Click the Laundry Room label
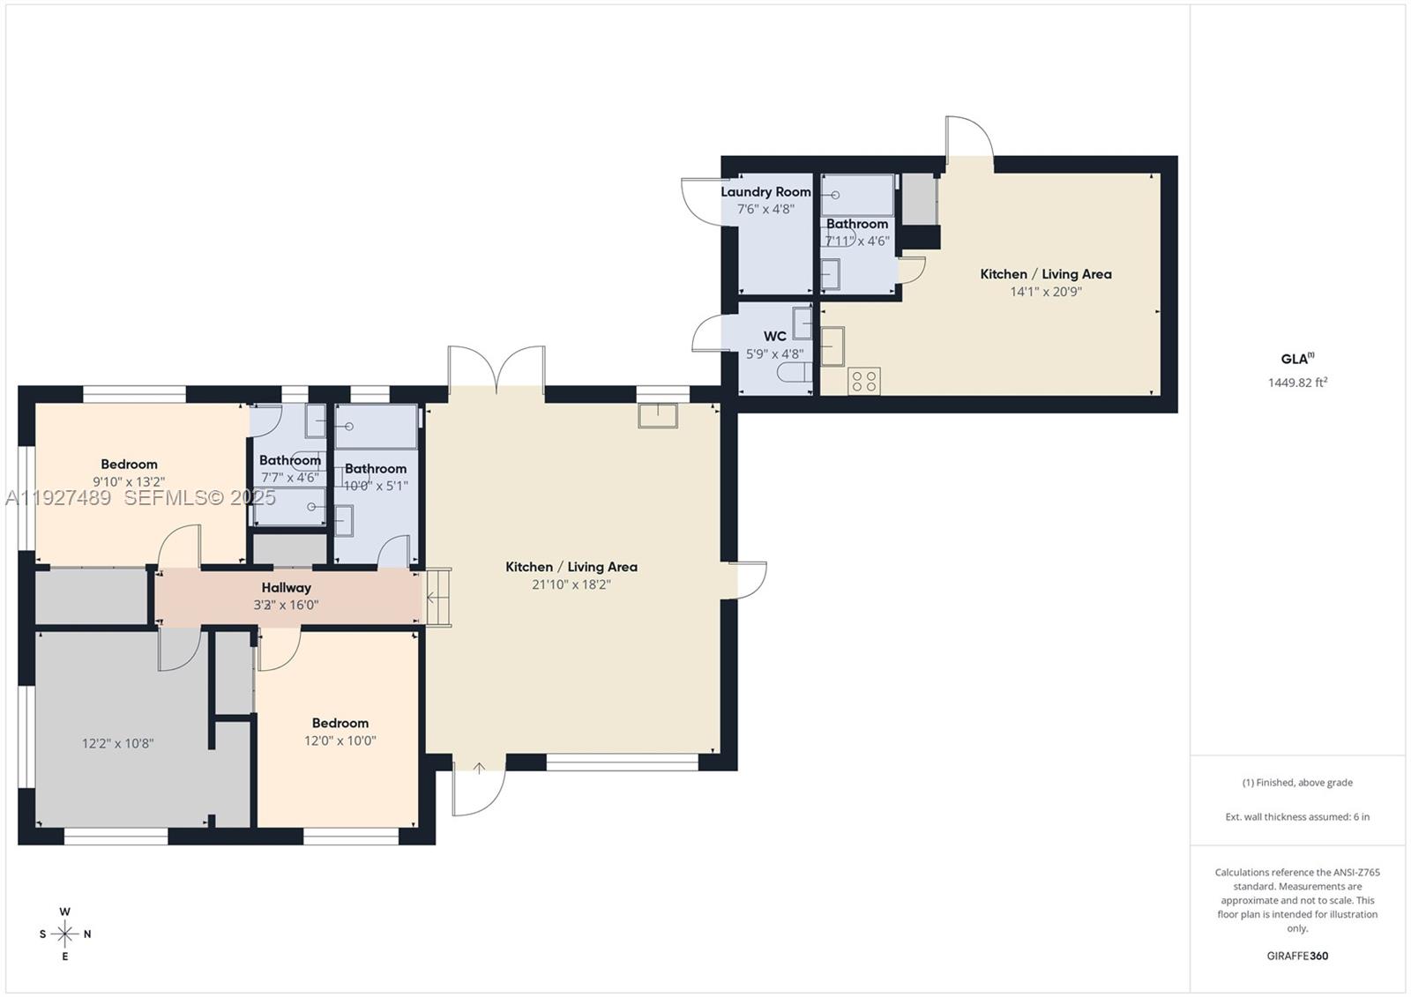(765, 191)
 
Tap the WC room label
(774, 336)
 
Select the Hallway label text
(286, 587)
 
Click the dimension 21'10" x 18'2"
(571, 584)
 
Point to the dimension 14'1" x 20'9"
(1045, 292)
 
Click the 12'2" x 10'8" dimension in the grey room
(117, 743)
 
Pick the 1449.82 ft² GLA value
(1297, 383)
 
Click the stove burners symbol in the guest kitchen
(863, 381)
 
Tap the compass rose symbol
(64, 934)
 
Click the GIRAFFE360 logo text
(1297, 956)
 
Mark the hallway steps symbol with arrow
(438, 597)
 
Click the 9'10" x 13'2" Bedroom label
(129, 465)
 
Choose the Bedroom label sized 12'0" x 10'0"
(340, 723)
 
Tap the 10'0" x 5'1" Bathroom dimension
(376, 486)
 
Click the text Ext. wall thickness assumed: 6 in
(1297, 817)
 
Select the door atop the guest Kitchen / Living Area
(970, 139)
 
